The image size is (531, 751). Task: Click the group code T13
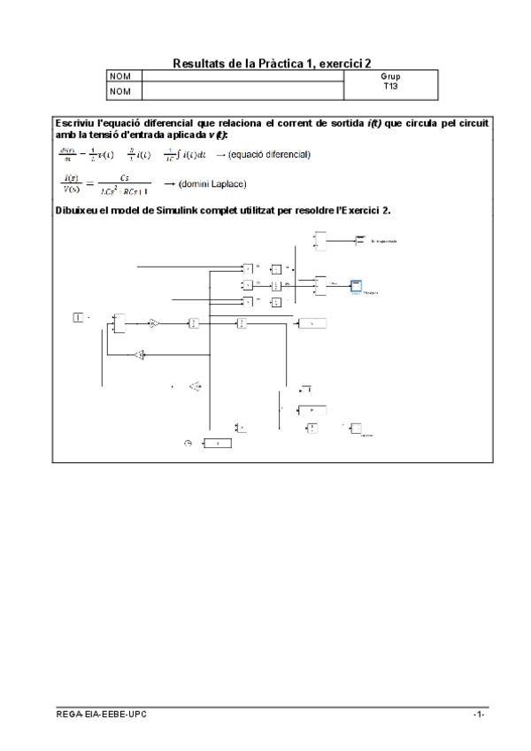(390, 87)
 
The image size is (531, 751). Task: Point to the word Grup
(390, 77)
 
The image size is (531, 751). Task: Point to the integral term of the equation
(186, 154)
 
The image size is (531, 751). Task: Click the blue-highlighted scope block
(355, 285)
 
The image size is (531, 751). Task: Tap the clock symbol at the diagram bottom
(188, 443)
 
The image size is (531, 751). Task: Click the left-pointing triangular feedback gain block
(139, 354)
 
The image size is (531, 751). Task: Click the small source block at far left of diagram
(77, 317)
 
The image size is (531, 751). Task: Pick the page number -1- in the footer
(478, 714)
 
